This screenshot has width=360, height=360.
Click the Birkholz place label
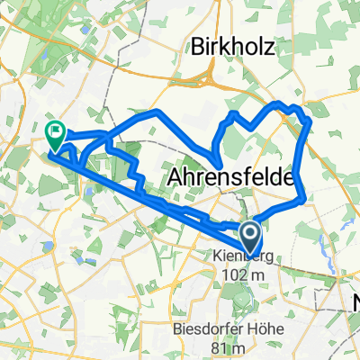click(231, 49)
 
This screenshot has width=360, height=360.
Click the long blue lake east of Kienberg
click(322, 243)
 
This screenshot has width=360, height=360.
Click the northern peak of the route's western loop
click(157, 111)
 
